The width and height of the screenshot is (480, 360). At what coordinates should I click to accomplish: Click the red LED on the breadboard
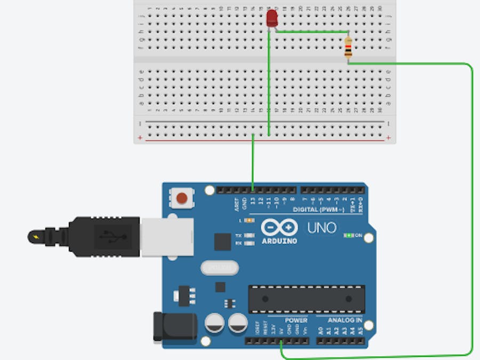(271, 19)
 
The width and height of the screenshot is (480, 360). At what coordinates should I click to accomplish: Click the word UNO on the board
(322, 228)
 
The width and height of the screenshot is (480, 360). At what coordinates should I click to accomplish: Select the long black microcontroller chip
(307, 299)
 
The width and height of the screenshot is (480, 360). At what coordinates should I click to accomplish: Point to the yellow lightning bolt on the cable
(36, 236)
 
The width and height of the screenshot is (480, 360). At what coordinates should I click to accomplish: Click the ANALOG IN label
(345, 321)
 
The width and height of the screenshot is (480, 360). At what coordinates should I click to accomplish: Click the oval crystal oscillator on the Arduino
(218, 267)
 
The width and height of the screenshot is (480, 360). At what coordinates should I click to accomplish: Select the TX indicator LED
(238, 235)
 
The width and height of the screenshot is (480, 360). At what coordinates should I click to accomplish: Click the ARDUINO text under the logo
(279, 241)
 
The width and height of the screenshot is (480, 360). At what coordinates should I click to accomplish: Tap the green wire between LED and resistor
(312, 32)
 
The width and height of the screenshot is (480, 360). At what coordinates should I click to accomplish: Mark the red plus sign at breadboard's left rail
(140, 139)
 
